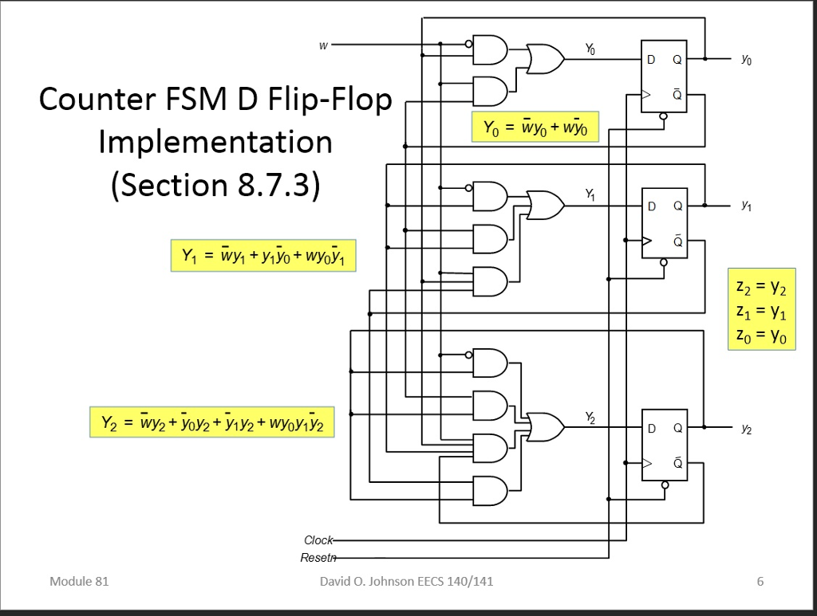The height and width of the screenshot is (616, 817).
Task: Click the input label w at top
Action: click(x=322, y=45)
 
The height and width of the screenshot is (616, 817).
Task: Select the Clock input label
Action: click(x=318, y=540)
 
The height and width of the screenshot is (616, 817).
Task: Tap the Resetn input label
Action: click(x=318, y=558)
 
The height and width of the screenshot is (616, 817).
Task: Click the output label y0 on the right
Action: click(x=745, y=59)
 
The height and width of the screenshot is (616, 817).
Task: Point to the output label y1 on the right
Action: click(x=745, y=206)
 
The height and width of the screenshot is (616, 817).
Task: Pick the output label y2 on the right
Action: click(x=745, y=429)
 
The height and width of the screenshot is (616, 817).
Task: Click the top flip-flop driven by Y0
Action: click(x=664, y=77)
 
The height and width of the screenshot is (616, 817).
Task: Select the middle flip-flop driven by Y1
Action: click(x=664, y=223)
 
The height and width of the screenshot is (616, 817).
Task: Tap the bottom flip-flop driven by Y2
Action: click(x=664, y=445)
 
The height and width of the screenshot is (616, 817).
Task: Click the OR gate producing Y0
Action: click(x=545, y=58)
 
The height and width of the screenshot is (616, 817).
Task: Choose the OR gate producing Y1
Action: click(x=545, y=205)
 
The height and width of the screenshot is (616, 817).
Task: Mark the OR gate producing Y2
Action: click(x=545, y=428)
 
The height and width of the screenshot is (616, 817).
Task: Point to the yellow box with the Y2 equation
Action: click(x=211, y=422)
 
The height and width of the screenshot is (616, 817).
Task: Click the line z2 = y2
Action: click(x=761, y=286)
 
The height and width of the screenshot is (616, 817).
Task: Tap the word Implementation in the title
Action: click(x=215, y=142)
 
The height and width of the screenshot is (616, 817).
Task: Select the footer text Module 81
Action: click(x=78, y=581)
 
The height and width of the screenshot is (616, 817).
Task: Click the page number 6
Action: click(x=760, y=581)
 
